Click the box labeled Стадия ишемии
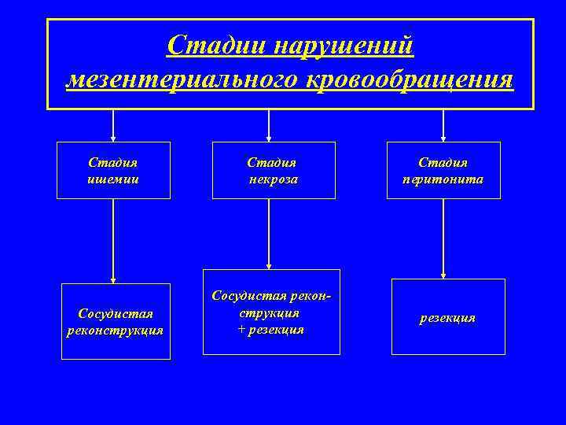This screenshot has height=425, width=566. coord(113,170)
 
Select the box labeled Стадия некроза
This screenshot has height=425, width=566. coord(273,170)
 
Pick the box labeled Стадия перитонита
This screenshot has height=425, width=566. coord(443,170)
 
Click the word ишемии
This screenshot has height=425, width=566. coord(113,179)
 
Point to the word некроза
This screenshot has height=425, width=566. coord(272,179)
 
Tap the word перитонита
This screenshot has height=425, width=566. coord(443,179)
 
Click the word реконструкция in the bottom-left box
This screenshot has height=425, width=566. coord(116,329)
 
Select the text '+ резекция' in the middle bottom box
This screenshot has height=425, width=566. coord(270,329)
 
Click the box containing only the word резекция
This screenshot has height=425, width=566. coord(447,317)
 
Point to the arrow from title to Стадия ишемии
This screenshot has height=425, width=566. coord(114,126)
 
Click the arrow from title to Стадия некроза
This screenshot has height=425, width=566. coord(270,126)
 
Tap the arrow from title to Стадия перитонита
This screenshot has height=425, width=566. coord(443,126)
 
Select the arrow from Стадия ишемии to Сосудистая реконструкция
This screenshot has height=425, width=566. coord(114,240)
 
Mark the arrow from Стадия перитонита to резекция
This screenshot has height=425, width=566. coord(443,238)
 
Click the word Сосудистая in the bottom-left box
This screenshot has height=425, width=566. coord(116,314)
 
